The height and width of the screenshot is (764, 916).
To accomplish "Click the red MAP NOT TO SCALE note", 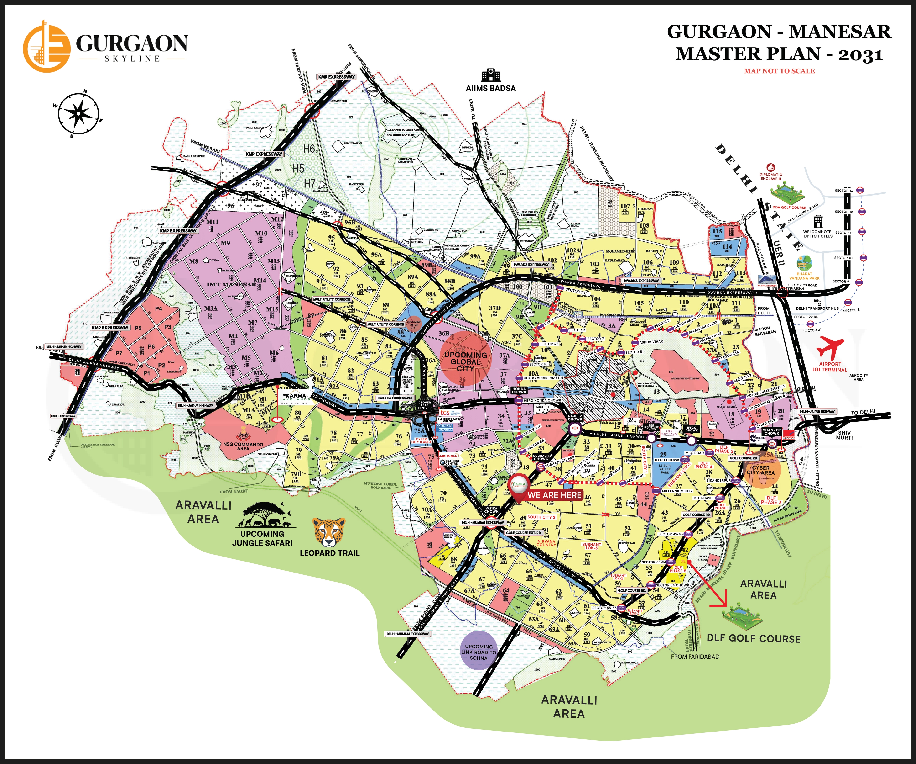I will (779, 71).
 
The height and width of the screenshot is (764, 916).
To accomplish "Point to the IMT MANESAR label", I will (231, 284).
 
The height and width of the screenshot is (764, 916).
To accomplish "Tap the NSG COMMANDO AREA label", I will (243, 446).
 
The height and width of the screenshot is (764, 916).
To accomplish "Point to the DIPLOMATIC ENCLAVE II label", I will (771, 176).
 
